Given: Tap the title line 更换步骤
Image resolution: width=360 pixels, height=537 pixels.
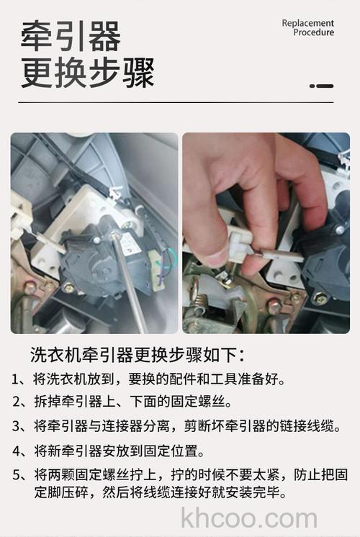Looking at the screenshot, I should point(87,73).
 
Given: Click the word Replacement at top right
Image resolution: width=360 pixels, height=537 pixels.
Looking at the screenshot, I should point(307,23).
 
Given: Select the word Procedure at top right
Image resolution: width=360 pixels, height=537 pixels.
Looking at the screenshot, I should point(313,32).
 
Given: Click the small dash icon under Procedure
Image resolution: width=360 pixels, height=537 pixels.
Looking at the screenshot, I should point(322,86).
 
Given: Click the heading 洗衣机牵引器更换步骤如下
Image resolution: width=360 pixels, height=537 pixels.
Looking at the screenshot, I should point(137,355).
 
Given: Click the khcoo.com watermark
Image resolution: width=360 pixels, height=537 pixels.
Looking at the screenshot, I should point(249,518).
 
